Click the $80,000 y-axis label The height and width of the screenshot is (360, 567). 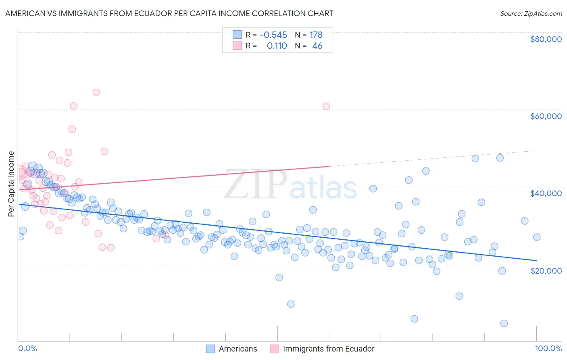(x=546, y=39)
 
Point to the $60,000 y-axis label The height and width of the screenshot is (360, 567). (x=546, y=116)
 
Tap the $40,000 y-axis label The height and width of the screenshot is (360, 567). (x=546, y=193)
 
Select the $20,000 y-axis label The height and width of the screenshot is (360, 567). (x=546, y=270)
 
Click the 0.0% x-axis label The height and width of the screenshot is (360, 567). (x=27, y=348)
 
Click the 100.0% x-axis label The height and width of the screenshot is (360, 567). (x=548, y=348)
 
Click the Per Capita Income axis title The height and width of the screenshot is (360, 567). (x=11, y=184)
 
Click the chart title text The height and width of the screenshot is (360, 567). (x=169, y=13)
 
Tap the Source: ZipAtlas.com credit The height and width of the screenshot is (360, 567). (x=531, y=14)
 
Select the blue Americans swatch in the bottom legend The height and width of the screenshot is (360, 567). (x=210, y=349)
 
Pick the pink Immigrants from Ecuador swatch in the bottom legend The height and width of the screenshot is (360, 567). (x=274, y=349)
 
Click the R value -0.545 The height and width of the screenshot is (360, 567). (x=273, y=35)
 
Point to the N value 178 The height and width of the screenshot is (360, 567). (x=316, y=35)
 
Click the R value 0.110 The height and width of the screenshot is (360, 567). (x=277, y=46)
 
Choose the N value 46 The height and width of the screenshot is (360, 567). (x=317, y=46)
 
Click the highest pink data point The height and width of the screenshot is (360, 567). (x=96, y=92)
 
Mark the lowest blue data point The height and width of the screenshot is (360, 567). (x=504, y=323)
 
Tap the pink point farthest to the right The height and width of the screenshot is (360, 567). (x=326, y=107)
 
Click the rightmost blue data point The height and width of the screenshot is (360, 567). (x=537, y=237)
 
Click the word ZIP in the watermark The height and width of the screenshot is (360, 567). (x=256, y=184)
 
